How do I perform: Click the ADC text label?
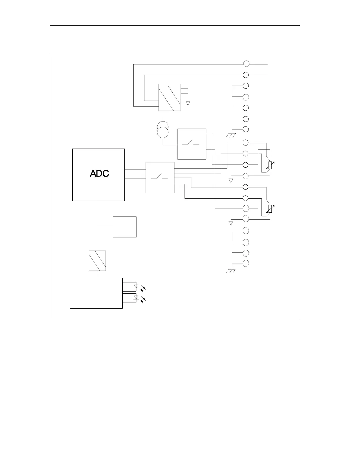(x=99, y=174)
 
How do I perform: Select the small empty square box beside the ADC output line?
(x=125, y=227)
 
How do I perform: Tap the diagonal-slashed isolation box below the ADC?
(x=97, y=261)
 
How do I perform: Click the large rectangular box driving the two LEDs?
(x=96, y=293)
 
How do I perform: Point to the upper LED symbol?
(x=136, y=286)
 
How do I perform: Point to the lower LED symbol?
(x=136, y=298)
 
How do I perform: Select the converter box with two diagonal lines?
(x=169, y=97)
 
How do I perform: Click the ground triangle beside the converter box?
(x=188, y=103)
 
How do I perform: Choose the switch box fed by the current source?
(x=192, y=144)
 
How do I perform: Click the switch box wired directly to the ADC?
(x=160, y=177)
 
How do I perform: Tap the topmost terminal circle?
(x=246, y=64)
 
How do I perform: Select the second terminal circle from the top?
(x=246, y=75)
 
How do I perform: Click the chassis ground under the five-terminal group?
(x=231, y=135)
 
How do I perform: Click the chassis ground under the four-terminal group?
(x=231, y=271)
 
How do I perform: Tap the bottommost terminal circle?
(x=246, y=263)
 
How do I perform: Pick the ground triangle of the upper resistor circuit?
(x=231, y=180)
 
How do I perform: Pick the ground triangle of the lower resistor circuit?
(x=231, y=223)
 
